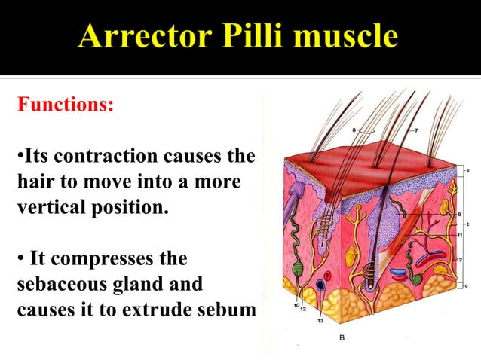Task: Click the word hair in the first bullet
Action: [x=32, y=182]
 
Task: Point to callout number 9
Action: [x=460, y=215]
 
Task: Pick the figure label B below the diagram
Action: [x=342, y=337]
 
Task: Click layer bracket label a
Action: [x=468, y=171]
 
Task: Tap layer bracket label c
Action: [x=468, y=286]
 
